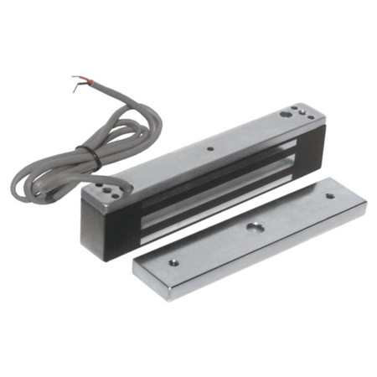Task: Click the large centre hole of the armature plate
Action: tap(253, 226)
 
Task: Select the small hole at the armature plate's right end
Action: tap(329, 196)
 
